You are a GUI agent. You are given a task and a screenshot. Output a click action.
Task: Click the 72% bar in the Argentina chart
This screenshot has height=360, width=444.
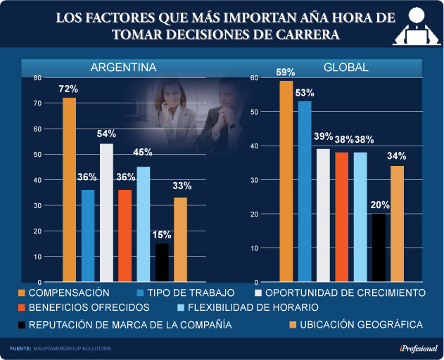[x=69, y=189]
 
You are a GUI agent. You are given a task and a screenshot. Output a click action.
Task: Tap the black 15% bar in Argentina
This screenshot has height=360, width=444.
[x=162, y=262]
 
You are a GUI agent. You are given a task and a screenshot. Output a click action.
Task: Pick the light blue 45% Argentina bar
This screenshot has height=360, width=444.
[x=144, y=224]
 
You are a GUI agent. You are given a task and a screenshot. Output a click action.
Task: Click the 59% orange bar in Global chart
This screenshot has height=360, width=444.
[x=286, y=181]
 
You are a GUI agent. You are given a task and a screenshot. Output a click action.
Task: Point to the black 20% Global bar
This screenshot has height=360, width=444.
[x=379, y=247]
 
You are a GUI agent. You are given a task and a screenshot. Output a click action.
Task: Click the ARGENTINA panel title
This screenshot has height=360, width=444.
[x=123, y=67]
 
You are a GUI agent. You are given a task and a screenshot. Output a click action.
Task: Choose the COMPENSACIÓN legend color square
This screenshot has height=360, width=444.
[x=22, y=292]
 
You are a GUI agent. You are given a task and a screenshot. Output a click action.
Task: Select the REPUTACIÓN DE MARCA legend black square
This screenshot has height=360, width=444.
[x=22, y=325]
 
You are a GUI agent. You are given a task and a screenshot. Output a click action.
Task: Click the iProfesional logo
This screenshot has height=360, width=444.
[x=419, y=348]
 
